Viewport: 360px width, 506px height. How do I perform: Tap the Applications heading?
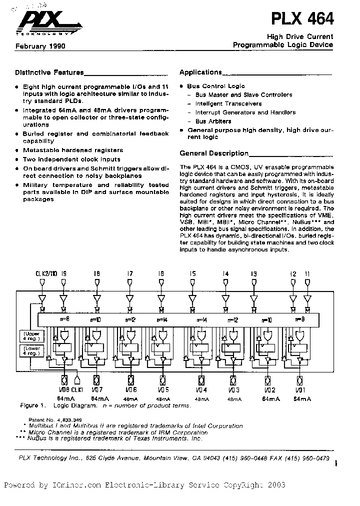pos(200,72)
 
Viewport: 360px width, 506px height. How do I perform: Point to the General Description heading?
pos(214,153)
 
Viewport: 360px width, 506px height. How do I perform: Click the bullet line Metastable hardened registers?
pos(73,150)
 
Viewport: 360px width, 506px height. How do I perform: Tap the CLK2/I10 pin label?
pos(46,273)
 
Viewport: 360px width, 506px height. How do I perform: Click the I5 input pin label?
pos(192,273)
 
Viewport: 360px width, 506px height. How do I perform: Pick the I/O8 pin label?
pos(62,390)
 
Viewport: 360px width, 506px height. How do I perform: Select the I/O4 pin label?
pos(202,390)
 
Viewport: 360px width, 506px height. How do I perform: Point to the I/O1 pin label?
pos(300,390)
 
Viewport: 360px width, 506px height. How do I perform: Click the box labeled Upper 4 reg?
pos(29,336)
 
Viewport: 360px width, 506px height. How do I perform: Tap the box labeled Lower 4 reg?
pos(29,350)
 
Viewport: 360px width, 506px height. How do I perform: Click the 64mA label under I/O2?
pos(270,399)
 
